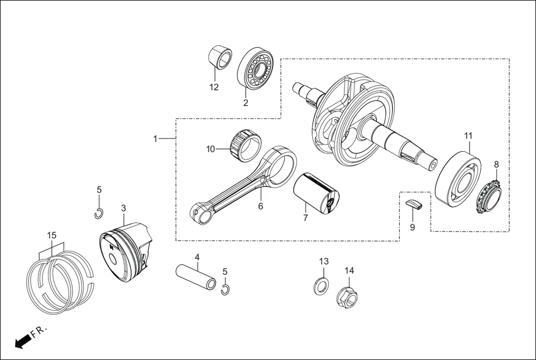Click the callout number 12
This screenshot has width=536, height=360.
point(214,87)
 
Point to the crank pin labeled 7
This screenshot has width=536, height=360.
point(316,192)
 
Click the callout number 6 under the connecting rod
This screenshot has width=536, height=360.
point(260,206)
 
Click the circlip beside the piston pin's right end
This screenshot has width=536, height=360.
point(225,289)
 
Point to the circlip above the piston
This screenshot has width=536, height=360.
point(98,212)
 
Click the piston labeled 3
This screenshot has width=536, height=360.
point(125,248)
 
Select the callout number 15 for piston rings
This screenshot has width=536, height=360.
point(51,236)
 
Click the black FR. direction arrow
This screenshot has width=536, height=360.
point(22,341)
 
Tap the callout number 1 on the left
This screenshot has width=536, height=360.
point(156,138)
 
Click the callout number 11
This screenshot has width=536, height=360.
point(468,136)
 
